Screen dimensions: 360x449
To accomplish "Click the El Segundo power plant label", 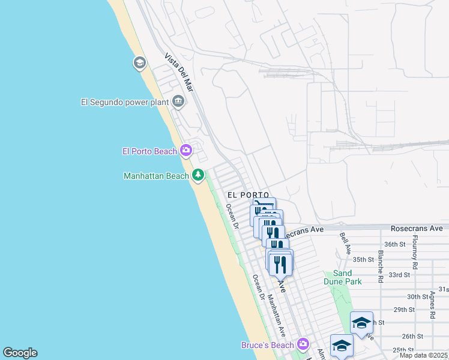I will [125, 102].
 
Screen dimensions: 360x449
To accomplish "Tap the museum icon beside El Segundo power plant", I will [178, 101].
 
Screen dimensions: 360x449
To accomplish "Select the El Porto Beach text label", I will [149, 151].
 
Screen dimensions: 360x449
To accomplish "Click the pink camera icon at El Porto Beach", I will [186, 151].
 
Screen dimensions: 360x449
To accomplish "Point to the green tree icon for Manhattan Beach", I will [198, 175].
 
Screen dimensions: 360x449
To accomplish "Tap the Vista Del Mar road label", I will [179, 72].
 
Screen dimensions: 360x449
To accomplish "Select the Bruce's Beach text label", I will [268, 345].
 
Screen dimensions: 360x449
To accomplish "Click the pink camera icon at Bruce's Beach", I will [303, 344].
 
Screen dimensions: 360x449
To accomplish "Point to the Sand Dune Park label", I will [348, 277].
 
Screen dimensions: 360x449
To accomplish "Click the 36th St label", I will [396, 244].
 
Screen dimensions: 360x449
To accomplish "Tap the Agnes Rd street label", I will [432, 305].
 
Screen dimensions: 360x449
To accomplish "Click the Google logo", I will [20, 353].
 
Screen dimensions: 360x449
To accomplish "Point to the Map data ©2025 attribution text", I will [423, 355].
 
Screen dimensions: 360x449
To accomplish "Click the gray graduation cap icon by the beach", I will [140, 62].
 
